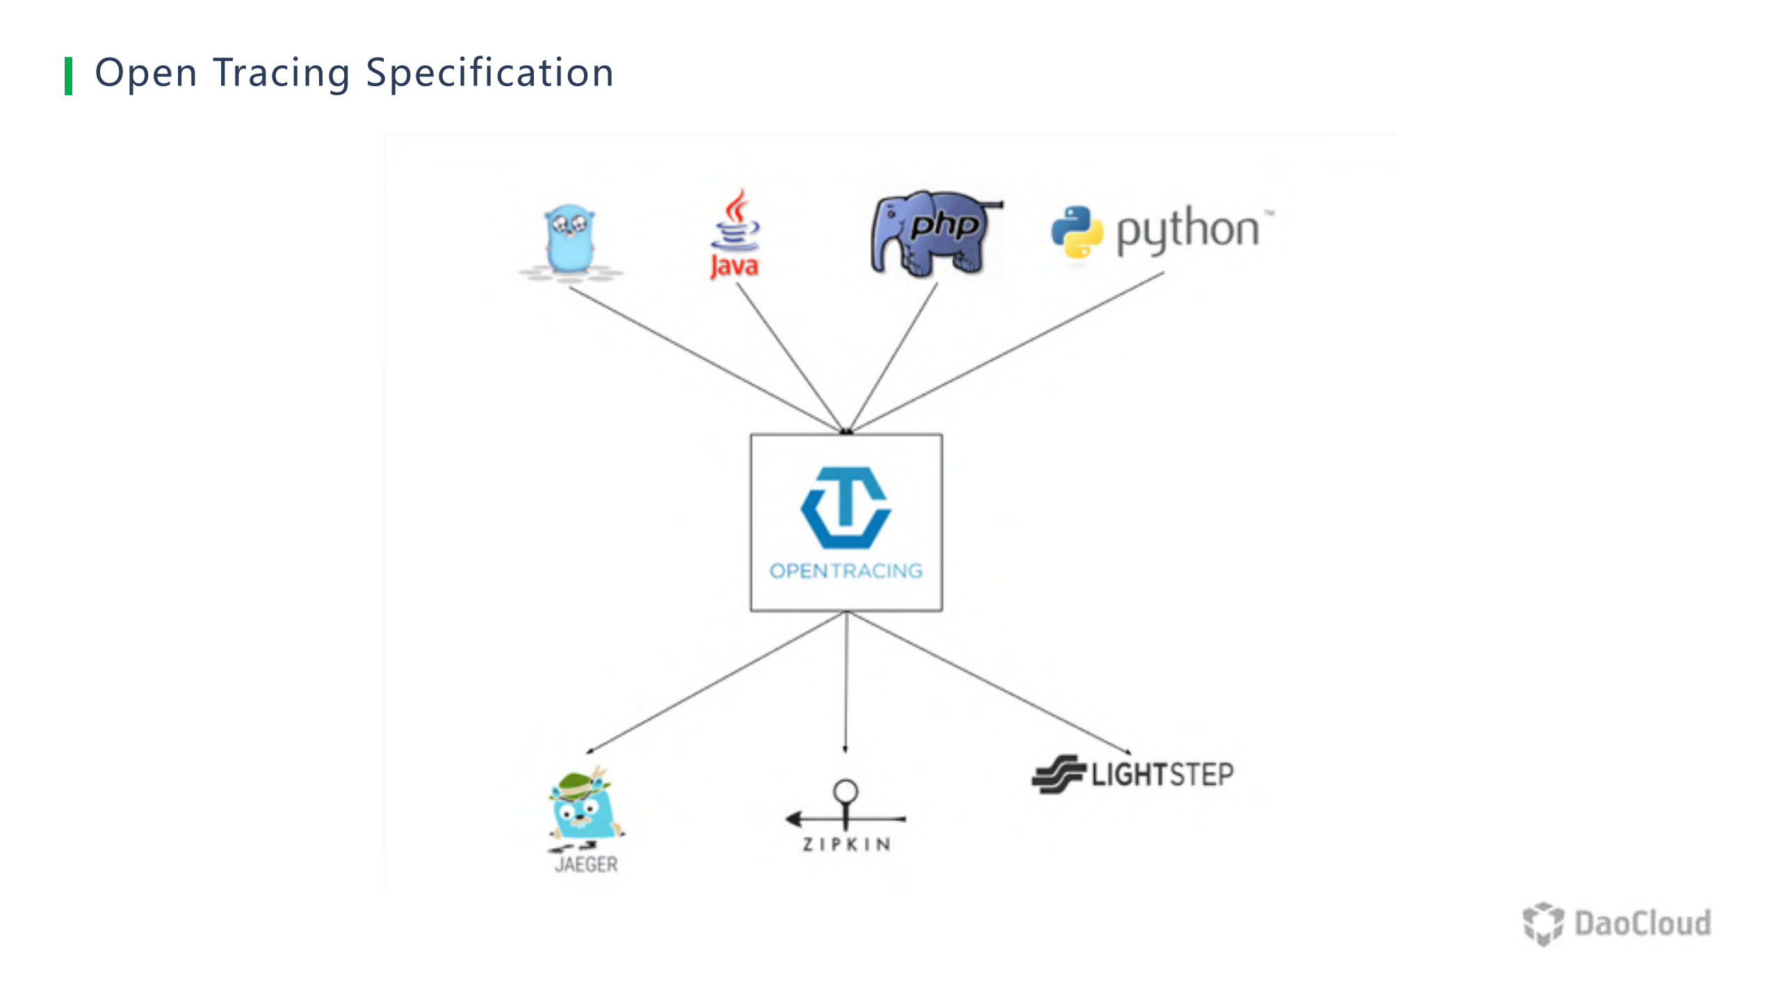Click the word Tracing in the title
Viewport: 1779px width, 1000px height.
pyautogui.click(x=281, y=74)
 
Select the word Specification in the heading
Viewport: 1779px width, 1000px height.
pyautogui.click(x=489, y=74)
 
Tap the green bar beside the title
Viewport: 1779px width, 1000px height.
pyautogui.click(x=68, y=76)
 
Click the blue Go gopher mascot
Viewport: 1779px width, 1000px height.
pyautogui.click(x=569, y=239)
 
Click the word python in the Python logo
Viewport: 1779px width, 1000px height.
pyautogui.click(x=1187, y=230)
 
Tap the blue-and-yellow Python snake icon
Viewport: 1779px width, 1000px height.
pyautogui.click(x=1076, y=231)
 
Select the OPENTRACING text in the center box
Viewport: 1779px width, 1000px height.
pyautogui.click(x=846, y=571)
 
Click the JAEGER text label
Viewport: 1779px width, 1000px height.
pyautogui.click(x=586, y=864)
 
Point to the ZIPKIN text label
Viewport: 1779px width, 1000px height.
pyautogui.click(x=846, y=844)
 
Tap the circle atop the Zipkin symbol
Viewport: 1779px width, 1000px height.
pyautogui.click(x=845, y=791)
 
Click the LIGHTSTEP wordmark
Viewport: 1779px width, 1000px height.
pyautogui.click(x=1162, y=774)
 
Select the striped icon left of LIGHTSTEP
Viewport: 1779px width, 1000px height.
pyautogui.click(x=1058, y=773)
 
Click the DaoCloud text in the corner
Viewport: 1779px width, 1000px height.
pyautogui.click(x=1642, y=924)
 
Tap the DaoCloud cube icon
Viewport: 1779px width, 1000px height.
pyautogui.click(x=1543, y=924)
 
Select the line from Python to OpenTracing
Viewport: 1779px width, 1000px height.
pyautogui.click(x=1008, y=351)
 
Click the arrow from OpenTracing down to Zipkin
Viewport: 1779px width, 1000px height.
pyautogui.click(x=846, y=681)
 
